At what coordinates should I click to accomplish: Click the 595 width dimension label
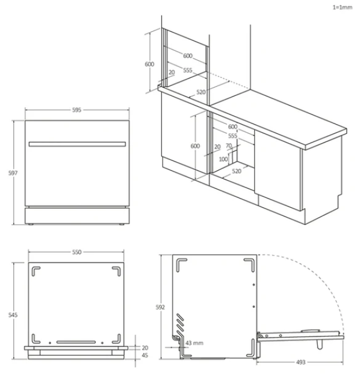coord(77,110)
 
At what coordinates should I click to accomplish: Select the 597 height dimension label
coord(13,173)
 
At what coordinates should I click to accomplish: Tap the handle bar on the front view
coord(77,144)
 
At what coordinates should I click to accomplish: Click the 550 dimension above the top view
coord(77,252)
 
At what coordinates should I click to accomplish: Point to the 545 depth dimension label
coord(13,315)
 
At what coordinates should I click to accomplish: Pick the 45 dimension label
coord(144,356)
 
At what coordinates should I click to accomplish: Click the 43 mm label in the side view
coord(194,343)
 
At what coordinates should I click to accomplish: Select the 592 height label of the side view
coord(160,307)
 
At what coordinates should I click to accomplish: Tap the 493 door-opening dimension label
coord(300,362)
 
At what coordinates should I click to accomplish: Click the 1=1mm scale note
coord(343,8)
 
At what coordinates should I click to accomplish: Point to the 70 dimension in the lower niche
coord(229,145)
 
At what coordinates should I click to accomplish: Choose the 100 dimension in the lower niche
coord(223,159)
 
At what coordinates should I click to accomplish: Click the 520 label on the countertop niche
coord(201,92)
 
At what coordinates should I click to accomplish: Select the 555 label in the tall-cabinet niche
coord(188,70)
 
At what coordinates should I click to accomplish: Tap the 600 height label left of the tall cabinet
coord(150,64)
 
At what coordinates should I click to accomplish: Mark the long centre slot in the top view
coord(76,342)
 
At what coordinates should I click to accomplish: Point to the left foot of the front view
coord(31,224)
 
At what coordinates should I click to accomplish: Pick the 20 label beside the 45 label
coord(144,348)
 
